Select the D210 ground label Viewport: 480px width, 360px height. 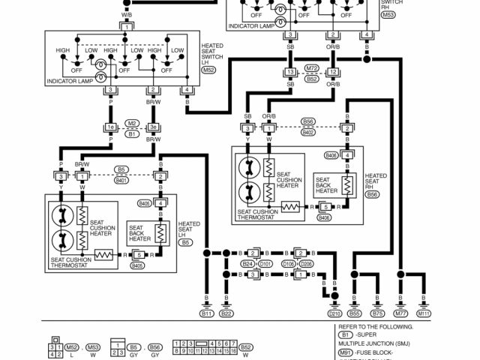(334, 313)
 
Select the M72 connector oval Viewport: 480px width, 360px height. (312, 67)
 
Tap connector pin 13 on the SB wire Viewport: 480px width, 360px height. (289, 73)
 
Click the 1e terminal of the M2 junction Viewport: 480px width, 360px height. (110, 127)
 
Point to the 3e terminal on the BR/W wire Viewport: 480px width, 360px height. (153, 127)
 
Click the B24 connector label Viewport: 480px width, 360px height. (247, 264)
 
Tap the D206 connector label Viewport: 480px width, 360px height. (306, 264)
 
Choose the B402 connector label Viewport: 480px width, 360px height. (308, 133)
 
